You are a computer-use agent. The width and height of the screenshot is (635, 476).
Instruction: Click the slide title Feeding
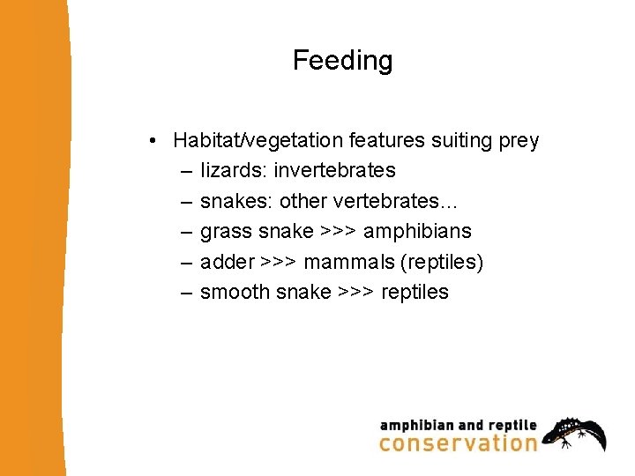pos(342,61)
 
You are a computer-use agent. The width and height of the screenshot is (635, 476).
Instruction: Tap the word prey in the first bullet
pos(518,140)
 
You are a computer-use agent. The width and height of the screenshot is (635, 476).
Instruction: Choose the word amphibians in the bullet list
pos(417,231)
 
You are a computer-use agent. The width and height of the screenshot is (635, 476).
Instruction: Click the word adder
pos(227,262)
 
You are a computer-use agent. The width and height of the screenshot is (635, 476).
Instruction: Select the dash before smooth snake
pos(186,292)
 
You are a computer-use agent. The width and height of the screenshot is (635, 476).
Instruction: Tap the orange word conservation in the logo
pos(458,443)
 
